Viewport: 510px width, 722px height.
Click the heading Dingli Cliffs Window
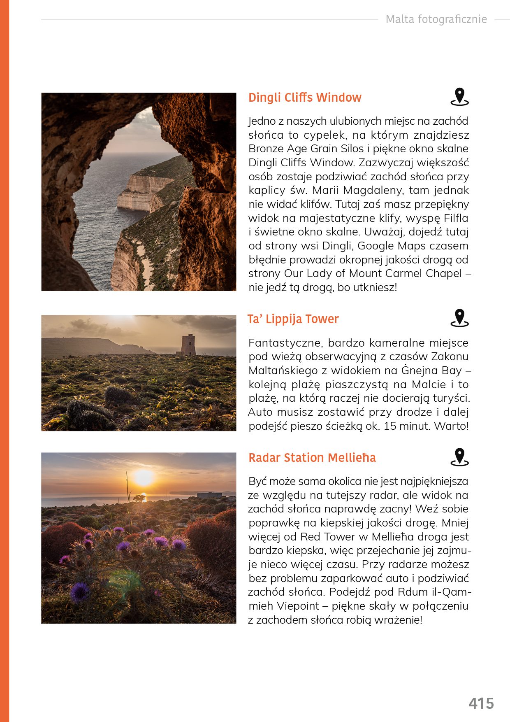(x=305, y=98)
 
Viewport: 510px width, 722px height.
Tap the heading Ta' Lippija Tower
(x=293, y=319)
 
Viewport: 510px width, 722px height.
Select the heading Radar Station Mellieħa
(x=312, y=458)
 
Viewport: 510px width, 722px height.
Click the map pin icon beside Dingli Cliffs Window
(x=459, y=97)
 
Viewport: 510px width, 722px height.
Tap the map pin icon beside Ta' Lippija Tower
(x=459, y=318)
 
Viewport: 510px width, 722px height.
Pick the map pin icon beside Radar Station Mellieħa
(x=459, y=457)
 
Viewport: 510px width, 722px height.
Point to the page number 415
(x=481, y=703)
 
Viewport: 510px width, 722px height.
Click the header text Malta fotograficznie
(x=436, y=19)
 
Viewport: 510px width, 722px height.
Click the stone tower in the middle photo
(x=188, y=345)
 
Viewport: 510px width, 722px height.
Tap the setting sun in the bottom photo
(x=143, y=477)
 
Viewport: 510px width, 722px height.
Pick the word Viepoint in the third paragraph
(x=298, y=606)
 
